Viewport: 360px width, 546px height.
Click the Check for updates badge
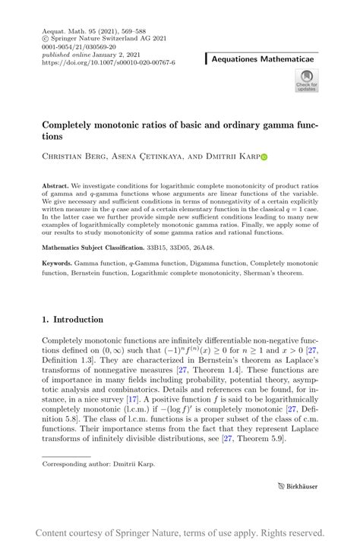(x=307, y=80)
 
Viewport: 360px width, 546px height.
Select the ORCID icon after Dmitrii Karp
(x=264, y=159)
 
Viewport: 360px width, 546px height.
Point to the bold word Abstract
(x=55, y=185)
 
